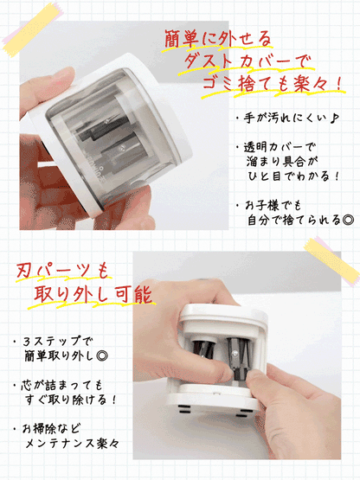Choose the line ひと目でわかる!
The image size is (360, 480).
[x=291, y=176]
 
